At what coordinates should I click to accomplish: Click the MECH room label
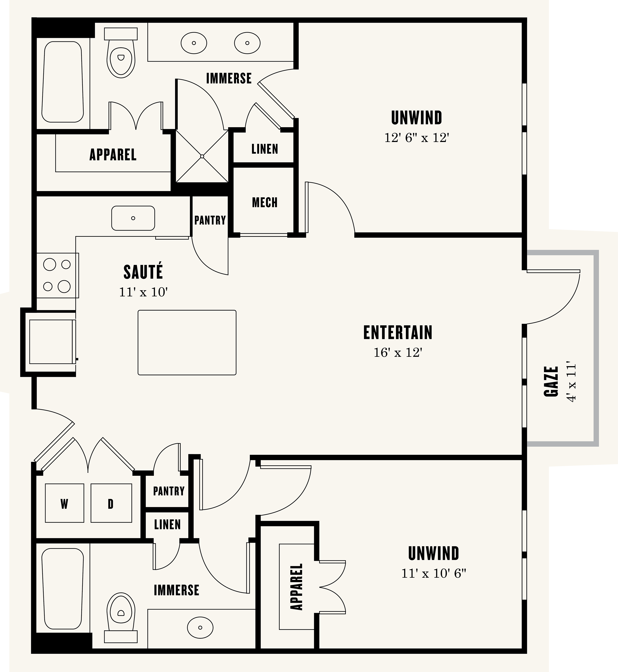[265, 202]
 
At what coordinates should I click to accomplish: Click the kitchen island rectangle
[187, 342]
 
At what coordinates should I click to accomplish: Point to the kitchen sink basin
[133, 218]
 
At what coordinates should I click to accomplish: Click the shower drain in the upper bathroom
[202, 156]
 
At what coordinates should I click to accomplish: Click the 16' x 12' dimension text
[398, 353]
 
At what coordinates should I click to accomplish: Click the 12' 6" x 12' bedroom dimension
[416, 138]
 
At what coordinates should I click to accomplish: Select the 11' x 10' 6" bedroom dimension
[434, 574]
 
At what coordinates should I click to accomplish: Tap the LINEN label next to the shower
[265, 149]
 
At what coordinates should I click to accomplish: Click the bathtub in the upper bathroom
[63, 82]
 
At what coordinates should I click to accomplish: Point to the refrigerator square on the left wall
[51, 341]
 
